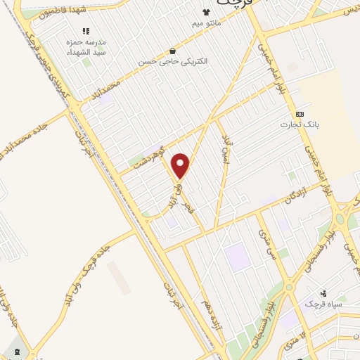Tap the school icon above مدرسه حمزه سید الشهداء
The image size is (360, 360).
86,32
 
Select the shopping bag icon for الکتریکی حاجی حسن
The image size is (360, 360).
172,51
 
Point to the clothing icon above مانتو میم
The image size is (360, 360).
206,12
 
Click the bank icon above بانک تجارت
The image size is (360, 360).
300,114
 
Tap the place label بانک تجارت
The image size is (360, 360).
300,124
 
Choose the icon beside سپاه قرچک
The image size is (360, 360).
323,293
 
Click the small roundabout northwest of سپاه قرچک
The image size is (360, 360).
288,286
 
